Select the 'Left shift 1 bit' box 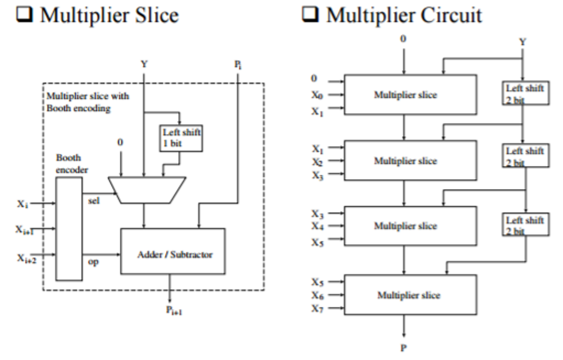[181, 138]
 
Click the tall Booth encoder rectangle [69, 229]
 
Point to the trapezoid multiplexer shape [147, 190]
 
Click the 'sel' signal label [94, 201]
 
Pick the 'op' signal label [93, 261]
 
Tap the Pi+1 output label [174, 310]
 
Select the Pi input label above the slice [238, 65]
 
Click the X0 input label [317, 95]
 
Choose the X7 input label [318, 309]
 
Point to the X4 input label [318, 226]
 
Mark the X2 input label [318, 162]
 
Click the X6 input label [318, 295]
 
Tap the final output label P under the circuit [403, 348]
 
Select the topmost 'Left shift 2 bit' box [526, 93]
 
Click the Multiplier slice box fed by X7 [410, 295]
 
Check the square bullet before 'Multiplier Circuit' [310, 14]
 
